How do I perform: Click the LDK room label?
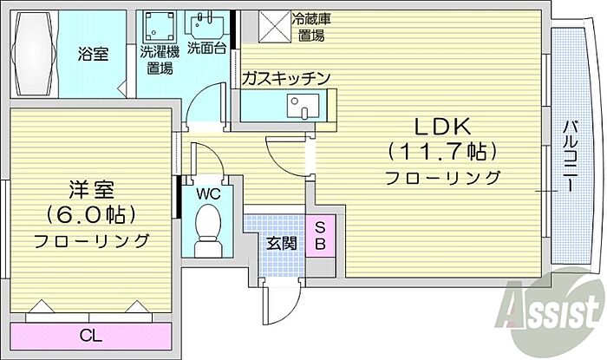(x=442, y=127)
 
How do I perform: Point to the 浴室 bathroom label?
(x=94, y=54)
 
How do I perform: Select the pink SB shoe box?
(x=318, y=234)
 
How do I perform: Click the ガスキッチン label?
(x=285, y=79)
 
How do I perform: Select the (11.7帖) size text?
(x=442, y=152)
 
